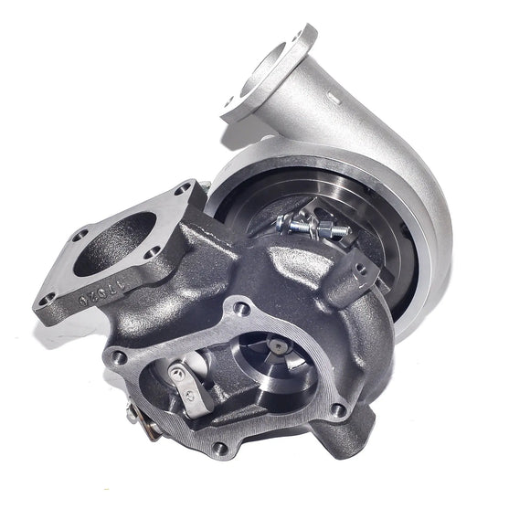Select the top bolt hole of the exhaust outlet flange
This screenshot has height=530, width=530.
[241, 309]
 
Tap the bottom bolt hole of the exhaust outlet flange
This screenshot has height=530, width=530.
[218, 448]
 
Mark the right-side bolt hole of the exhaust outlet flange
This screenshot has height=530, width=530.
[339, 410]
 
